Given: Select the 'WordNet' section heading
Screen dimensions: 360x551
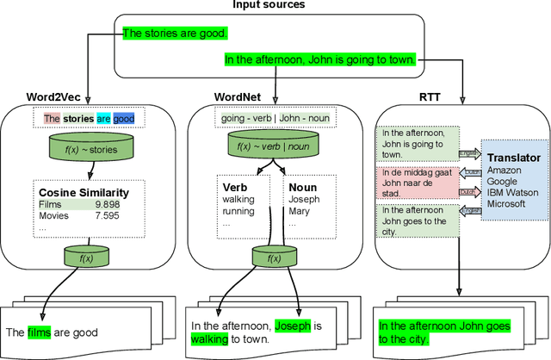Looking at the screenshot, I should [x=238, y=95].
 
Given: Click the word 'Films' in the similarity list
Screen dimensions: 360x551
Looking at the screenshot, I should [x=53, y=204].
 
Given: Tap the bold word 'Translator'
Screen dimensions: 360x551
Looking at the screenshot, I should [x=513, y=158].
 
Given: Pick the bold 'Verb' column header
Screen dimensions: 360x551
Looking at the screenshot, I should [x=234, y=185].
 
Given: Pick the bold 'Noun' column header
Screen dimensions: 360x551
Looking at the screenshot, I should [x=302, y=185].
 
